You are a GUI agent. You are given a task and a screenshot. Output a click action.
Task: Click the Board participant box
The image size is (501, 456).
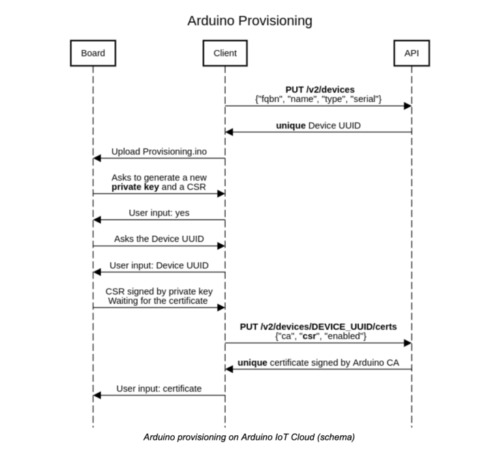tap(93, 53)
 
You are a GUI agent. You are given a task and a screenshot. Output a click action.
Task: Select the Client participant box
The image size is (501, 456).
tap(224, 53)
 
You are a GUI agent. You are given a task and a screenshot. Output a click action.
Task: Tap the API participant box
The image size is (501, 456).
tap(411, 53)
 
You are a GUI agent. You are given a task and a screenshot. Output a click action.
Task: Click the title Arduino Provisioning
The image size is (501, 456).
tap(250, 21)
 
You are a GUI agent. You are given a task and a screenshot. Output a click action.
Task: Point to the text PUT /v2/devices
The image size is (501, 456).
tap(320, 89)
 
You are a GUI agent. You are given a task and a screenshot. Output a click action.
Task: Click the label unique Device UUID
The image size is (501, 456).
tap(319, 124)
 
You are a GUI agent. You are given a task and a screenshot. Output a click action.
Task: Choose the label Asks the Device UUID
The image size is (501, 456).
tap(159, 238)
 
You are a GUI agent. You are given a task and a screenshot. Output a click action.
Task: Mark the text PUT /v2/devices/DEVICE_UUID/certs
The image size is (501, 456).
tap(319, 326)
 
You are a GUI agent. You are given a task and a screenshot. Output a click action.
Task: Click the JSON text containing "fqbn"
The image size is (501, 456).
tap(319, 98)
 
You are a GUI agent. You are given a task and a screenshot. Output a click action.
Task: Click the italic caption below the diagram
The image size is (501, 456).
tap(249, 437)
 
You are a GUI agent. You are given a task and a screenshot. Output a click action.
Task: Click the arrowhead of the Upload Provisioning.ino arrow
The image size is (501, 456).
tap(97, 158)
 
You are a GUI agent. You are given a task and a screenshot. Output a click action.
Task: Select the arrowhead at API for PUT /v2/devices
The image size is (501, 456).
tap(408, 106)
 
